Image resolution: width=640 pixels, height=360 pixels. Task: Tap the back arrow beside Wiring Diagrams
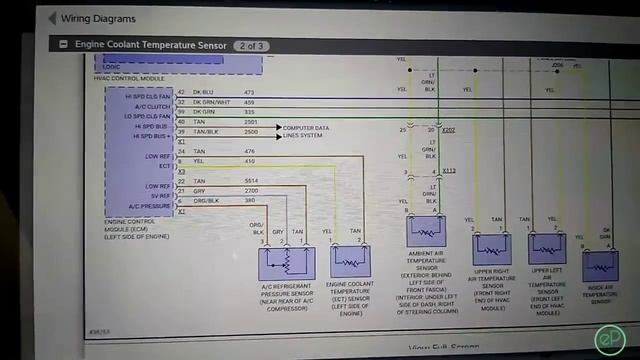click(x=51, y=18)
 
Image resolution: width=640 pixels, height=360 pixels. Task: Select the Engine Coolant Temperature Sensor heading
click(x=150, y=45)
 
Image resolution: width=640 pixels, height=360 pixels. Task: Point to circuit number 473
click(x=249, y=92)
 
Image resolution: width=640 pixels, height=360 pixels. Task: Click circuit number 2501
click(x=250, y=122)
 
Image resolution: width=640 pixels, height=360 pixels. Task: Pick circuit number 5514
click(x=251, y=181)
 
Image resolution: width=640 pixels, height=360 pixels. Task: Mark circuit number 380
click(x=249, y=200)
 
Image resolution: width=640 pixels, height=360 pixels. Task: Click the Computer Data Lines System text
click(x=306, y=132)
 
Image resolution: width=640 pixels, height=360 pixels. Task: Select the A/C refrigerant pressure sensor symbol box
click(x=286, y=263)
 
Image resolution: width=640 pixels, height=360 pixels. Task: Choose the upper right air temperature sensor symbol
click(x=491, y=248)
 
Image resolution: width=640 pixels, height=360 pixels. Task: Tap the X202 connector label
click(x=449, y=130)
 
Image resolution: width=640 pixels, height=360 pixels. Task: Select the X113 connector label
click(x=449, y=171)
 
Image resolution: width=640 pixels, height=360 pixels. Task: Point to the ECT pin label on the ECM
click(x=165, y=166)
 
